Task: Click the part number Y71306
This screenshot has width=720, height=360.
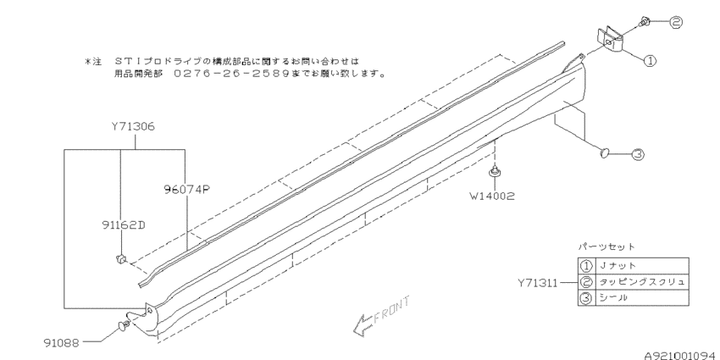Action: [x=133, y=126]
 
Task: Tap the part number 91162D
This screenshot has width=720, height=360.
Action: [x=124, y=224]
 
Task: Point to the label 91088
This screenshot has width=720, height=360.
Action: [x=62, y=342]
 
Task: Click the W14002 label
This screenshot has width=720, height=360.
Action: [x=492, y=196]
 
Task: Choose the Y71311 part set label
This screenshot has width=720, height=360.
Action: [x=538, y=283]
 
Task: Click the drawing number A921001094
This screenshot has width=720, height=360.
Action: [x=681, y=356]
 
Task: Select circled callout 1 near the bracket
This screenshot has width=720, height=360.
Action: [x=650, y=60]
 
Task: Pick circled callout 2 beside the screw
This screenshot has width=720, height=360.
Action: [x=676, y=21]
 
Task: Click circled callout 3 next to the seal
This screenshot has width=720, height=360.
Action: [x=637, y=155]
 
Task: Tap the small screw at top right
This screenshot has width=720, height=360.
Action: [x=644, y=20]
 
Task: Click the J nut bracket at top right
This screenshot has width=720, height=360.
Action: [x=610, y=40]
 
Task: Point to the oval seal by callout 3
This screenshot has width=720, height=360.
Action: [x=605, y=152]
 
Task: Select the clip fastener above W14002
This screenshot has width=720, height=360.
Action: [x=494, y=172]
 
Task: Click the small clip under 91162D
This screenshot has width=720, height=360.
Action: [x=120, y=259]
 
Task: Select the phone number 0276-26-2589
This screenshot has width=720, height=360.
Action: [x=233, y=73]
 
